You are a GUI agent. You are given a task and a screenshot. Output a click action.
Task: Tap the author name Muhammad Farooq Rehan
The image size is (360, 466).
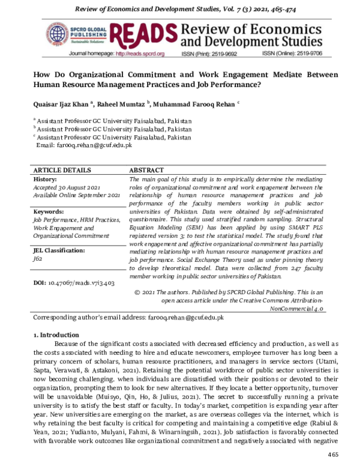[196, 103]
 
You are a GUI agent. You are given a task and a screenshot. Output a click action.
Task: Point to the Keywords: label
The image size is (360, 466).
[49, 212]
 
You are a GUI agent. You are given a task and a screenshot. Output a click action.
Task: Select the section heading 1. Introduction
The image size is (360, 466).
[56, 334]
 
